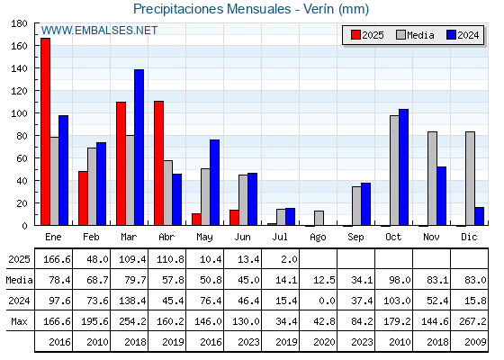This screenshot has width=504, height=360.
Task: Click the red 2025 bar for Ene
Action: click(x=45, y=131)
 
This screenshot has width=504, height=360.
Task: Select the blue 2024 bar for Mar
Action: click(x=139, y=148)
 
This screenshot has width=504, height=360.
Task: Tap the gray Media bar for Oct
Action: click(x=394, y=170)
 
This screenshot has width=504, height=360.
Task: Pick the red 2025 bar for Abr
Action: click(x=158, y=163)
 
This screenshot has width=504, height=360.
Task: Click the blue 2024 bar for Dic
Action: click(x=479, y=216)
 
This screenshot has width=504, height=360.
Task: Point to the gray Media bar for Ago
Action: click(x=319, y=218)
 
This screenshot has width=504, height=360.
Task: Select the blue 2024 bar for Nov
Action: click(x=441, y=196)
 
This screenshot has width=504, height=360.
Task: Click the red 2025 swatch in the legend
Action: click(x=355, y=35)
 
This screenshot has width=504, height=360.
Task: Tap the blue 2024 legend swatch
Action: click(x=451, y=35)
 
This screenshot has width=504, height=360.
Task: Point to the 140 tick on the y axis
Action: click(x=19, y=68)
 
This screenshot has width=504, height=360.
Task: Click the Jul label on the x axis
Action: click(x=280, y=238)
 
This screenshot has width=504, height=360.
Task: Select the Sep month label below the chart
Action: click(x=355, y=238)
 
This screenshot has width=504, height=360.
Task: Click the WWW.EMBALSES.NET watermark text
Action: click(x=99, y=31)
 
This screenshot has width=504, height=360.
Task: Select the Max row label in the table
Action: click(x=19, y=321)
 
